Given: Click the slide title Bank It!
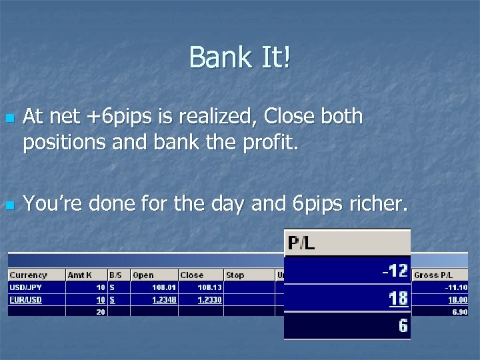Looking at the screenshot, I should tap(240, 57).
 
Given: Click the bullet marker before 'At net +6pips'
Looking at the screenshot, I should tap(9, 118).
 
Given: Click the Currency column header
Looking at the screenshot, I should tap(28, 275).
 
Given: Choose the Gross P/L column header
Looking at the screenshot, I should tap(433, 275).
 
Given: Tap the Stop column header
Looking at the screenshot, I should tap(235, 275).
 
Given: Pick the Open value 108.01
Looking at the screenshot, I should tap(163, 287).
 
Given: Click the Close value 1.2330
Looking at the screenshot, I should tap(209, 300).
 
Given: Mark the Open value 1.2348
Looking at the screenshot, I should tap(163, 300).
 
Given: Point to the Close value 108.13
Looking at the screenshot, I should tap(209, 287).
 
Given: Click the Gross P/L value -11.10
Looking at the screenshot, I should tap(456, 287).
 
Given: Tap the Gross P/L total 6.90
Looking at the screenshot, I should tap(459, 312).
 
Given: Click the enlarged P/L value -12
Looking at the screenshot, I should tap(394, 271).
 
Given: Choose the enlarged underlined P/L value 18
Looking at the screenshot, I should tap(398, 298).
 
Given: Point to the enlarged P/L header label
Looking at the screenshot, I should tap(301, 243).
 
